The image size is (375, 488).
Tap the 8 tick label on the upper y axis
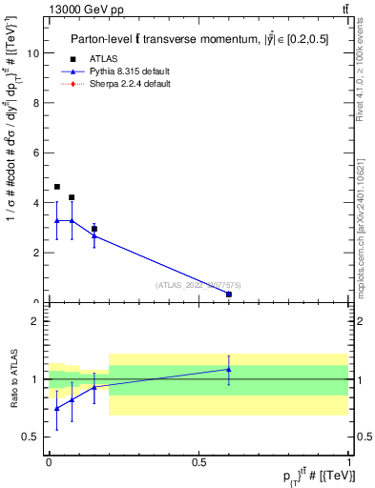[x=37, y=103]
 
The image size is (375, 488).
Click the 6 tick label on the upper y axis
[x=37, y=152]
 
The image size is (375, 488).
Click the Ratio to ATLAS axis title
[x=12, y=379]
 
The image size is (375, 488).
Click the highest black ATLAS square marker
[x=57, y=187]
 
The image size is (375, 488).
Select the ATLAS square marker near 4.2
[x=72, y=197]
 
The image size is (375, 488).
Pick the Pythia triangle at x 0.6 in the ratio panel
[x=228, y=369]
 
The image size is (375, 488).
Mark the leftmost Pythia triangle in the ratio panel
[x=57, y=408]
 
